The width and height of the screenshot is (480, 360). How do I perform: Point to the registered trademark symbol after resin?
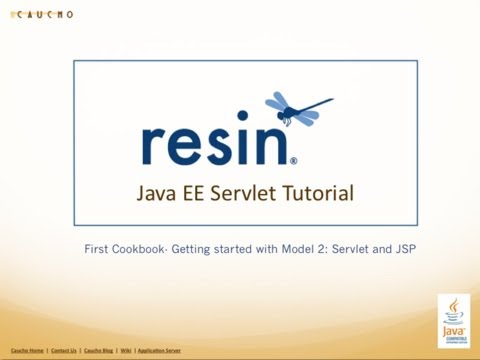[293, 159]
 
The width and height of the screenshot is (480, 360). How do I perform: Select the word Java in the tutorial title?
[157, 192]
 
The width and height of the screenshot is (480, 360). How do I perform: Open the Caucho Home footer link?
[27, 351]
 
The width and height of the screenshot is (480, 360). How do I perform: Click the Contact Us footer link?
[64, 351]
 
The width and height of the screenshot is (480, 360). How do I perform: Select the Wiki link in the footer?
[126, 351]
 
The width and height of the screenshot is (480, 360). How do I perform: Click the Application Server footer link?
[159, 351]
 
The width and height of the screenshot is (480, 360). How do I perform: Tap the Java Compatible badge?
[454, 320]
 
